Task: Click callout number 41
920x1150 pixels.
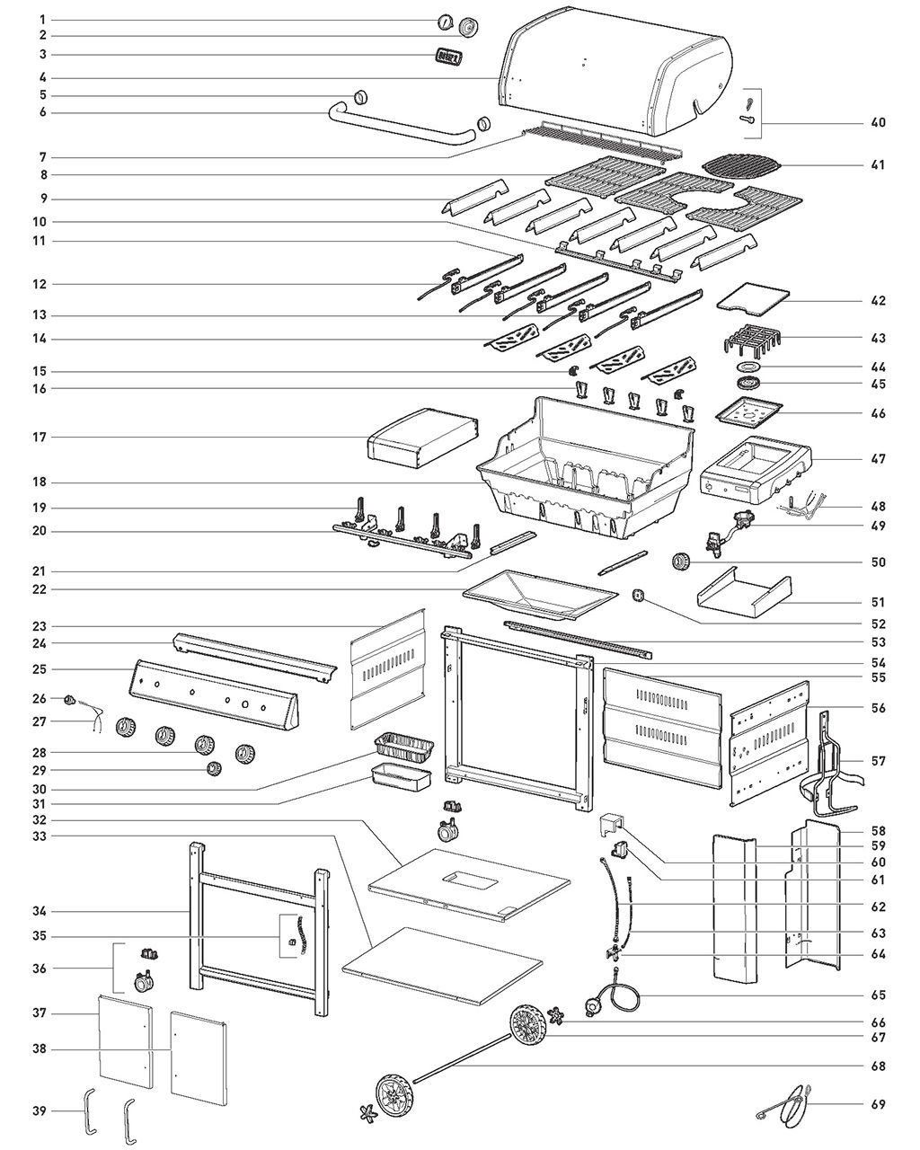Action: click(877, 164)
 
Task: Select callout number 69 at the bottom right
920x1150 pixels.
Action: click(877, 1103)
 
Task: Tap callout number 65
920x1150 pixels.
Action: click(877, 995)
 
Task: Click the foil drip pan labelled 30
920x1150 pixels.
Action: click(402, 745)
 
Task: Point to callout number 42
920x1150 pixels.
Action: click(877, 301)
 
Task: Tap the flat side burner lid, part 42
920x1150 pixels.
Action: click(753, 299)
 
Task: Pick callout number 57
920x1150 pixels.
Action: click(877, 761)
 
